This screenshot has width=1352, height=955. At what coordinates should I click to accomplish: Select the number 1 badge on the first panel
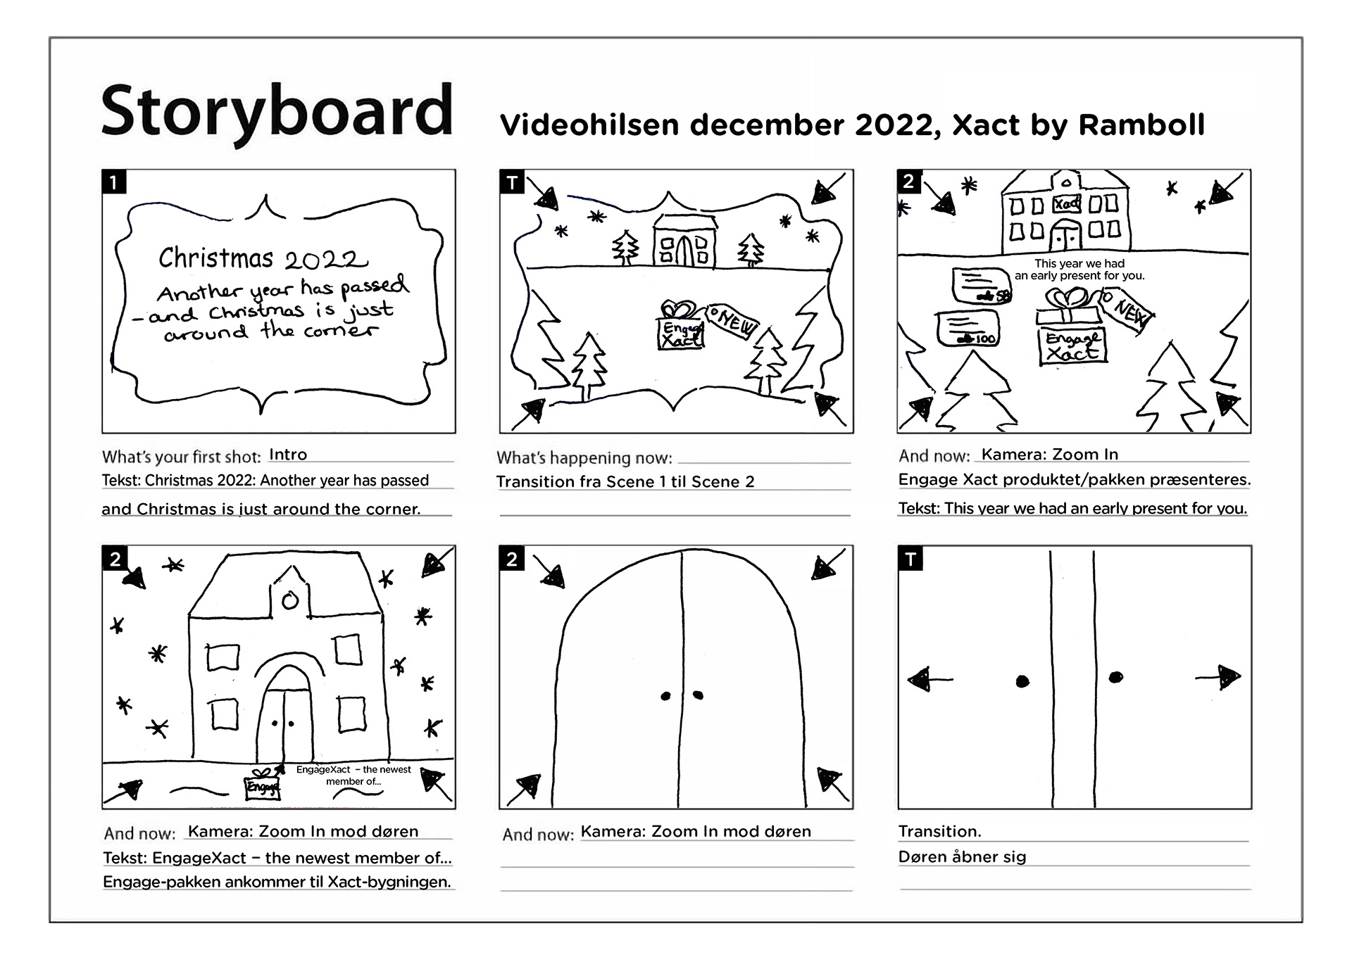pos(113,182)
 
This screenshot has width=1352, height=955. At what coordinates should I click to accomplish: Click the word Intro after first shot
pos(288,455)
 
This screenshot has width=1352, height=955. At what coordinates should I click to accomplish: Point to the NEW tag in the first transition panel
pos(733,322)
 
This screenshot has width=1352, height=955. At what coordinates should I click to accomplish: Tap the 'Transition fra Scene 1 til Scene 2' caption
pos(625,482)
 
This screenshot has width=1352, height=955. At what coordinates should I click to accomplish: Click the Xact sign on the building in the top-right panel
pos(1067,204)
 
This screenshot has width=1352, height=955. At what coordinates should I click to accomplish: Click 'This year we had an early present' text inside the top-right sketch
pos(1079,270)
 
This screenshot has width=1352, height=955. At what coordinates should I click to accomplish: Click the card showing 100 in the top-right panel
pos(969,328)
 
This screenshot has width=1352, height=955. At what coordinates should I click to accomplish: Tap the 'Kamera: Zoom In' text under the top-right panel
pos(1049,455)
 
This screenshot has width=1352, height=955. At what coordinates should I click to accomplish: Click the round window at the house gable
pos(289,600)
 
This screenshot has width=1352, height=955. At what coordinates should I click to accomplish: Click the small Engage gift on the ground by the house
pos(263,784)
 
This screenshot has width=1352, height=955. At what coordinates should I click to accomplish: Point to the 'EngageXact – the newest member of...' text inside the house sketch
pos(353,776)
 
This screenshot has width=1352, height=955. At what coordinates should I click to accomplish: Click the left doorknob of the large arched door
pos(665,697)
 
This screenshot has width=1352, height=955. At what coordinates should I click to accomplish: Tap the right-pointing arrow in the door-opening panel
pos(1218,678)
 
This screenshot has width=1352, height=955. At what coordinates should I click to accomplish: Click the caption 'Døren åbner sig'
pos(962,857)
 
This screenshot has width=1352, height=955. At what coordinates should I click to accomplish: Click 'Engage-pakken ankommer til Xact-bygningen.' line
pos(277,883)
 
